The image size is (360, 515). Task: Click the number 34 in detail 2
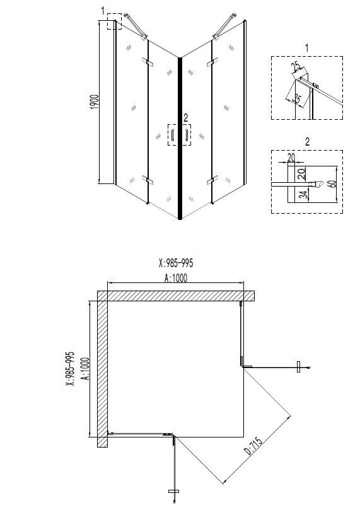click(x=304, y=195)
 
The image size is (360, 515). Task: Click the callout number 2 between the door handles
click(x=185, y=117)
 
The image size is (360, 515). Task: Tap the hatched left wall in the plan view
click(x=102, y=372)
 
